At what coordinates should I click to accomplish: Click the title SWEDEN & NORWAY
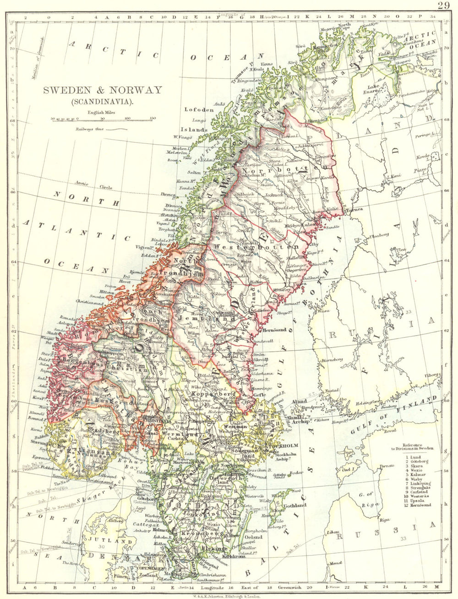click(x=103, y=90)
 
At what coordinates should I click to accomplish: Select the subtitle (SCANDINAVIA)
click(x=103, y=101)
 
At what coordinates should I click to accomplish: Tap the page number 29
click(x=443, y=5)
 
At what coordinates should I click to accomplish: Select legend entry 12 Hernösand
click(x=418, y=505)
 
